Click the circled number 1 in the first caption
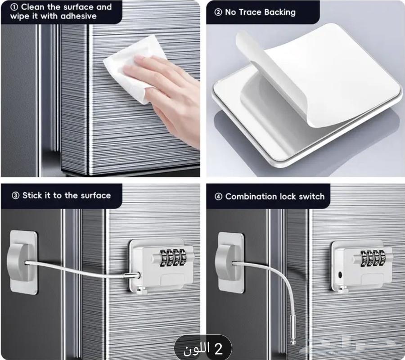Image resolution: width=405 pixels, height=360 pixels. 14,7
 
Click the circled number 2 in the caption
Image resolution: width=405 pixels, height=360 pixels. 218,12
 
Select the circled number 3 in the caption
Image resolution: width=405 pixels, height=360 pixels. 15,195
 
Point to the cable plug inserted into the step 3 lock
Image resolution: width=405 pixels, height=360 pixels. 132,275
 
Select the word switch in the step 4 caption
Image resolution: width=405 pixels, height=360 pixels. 311,197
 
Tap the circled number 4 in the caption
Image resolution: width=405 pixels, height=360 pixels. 218,197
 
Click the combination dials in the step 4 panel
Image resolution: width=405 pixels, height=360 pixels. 373,258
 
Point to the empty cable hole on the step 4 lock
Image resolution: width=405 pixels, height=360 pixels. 340,275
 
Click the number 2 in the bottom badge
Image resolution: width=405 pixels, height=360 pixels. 218,349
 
